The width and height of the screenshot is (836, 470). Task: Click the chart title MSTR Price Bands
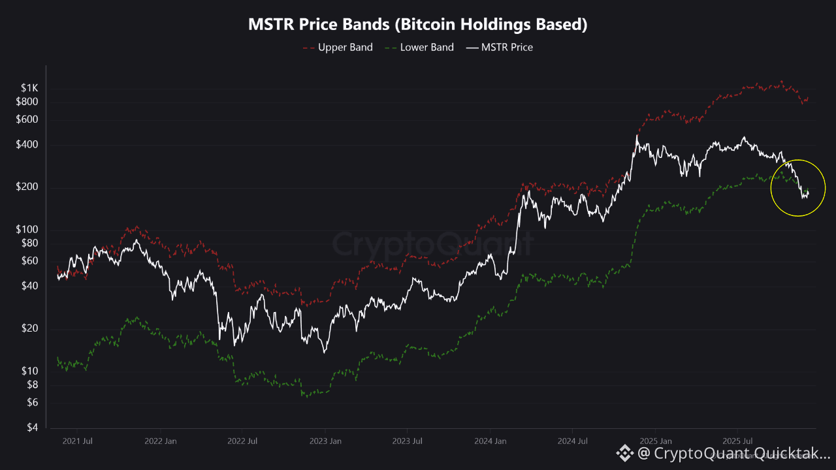[418, 25]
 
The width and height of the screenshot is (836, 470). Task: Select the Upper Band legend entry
[338, 47]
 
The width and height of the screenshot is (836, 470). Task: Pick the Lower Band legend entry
[419, 47]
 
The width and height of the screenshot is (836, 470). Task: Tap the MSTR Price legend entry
[500, 47]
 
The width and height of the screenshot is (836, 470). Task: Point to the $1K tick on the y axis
[29, 88]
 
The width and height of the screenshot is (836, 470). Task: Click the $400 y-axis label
[27, 145]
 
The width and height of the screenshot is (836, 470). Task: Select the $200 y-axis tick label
[27, 187]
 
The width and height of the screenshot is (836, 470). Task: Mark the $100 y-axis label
[27, 230]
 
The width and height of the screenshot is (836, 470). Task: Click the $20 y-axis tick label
[30, 328]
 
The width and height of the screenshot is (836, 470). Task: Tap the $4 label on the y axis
[33, 428]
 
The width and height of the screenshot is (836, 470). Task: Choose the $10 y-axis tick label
[30, 371]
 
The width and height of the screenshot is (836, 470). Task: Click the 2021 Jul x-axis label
[77, 441]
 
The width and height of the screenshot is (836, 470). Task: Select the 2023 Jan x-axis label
[325, 441]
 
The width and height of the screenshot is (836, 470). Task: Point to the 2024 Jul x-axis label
[572, 441]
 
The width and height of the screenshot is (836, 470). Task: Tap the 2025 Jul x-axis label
[738, 441]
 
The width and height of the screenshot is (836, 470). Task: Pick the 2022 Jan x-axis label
[160, 441]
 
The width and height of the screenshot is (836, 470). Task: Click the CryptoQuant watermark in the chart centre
[432, 244]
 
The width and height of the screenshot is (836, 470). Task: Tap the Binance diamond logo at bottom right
[625, 452]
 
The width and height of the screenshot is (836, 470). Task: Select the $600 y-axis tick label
[27, 119]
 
